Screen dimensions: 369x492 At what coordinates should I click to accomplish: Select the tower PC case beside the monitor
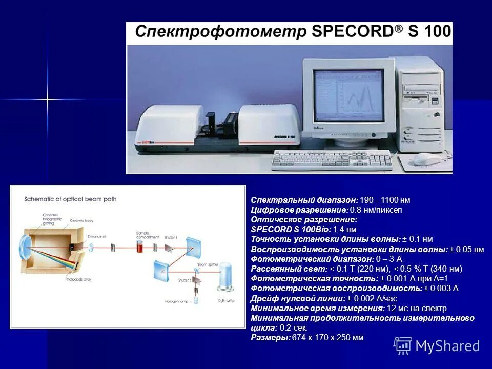[x=421, y=102]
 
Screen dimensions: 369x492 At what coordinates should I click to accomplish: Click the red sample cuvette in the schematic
[x=140, y=247]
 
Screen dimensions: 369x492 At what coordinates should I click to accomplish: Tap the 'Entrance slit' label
[x=96, y=236]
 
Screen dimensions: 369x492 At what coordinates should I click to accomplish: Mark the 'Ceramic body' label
[x=81, y=221]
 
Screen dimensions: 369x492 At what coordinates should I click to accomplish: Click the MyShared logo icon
[x=402, y=345]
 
